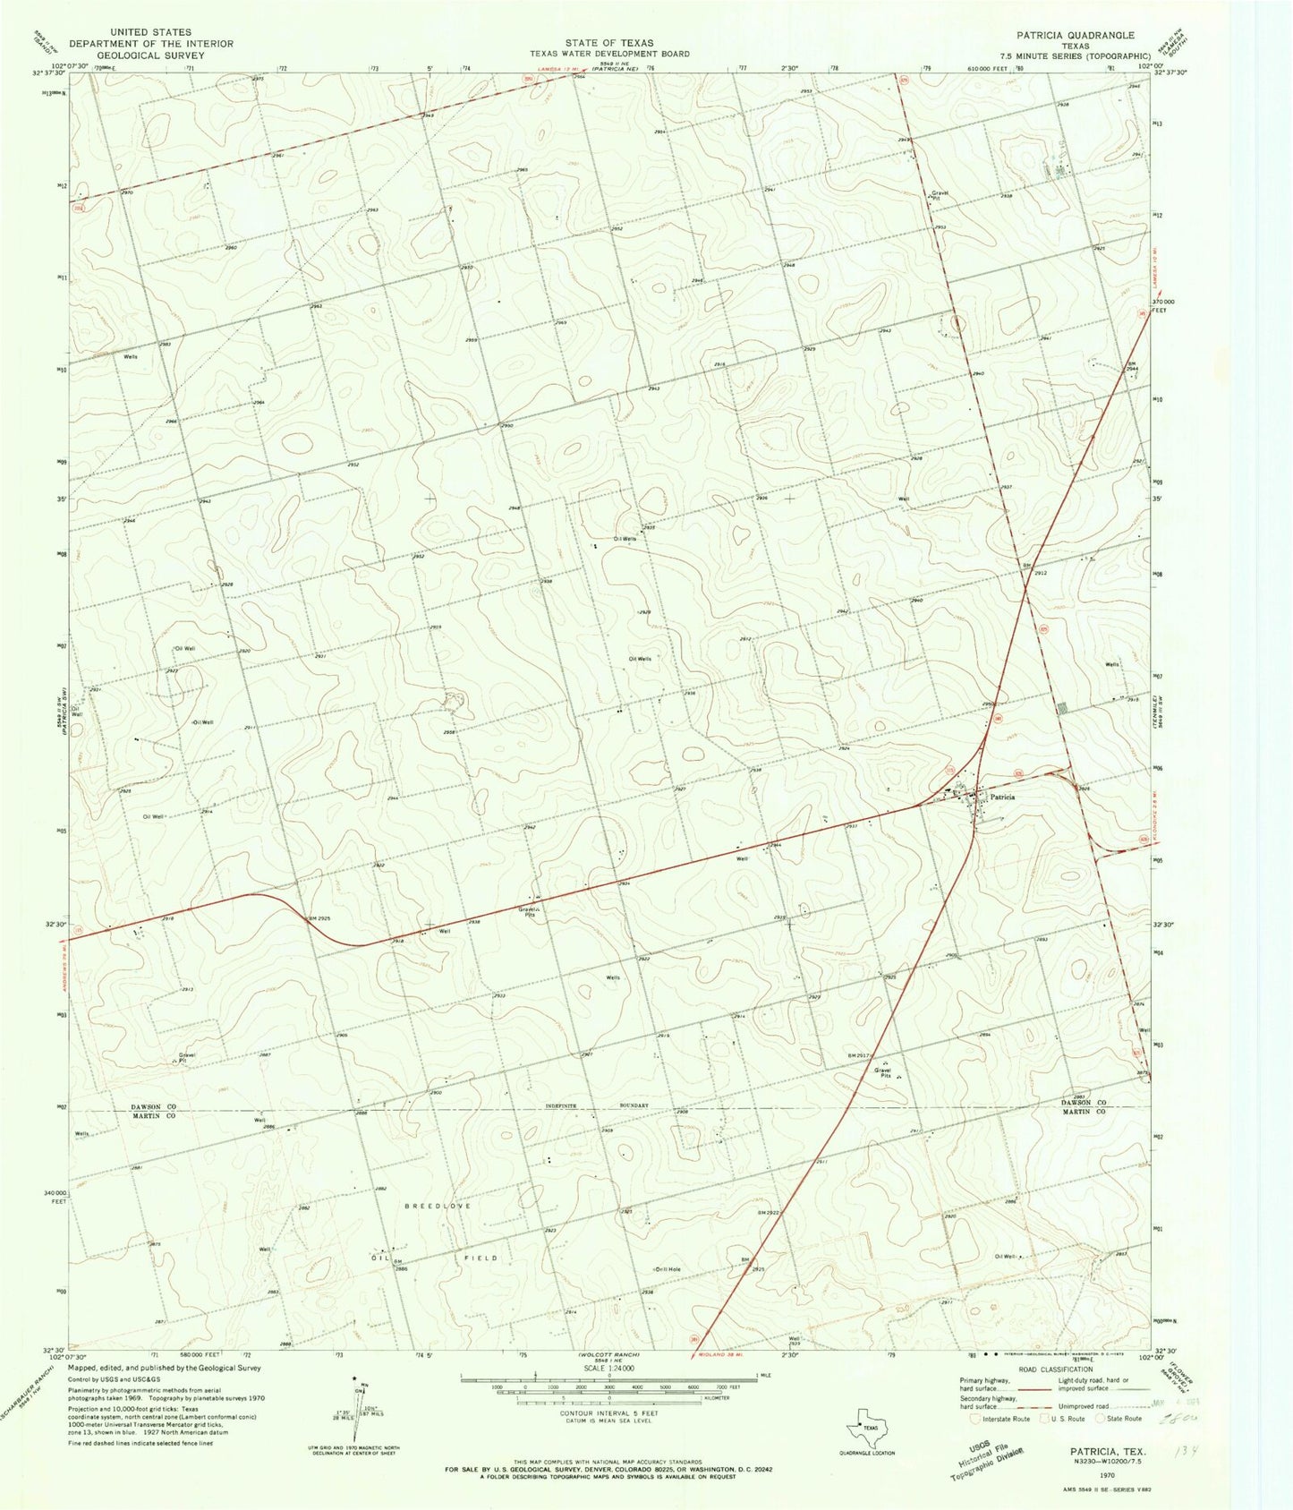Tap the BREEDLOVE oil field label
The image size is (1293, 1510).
tap(437, 1206)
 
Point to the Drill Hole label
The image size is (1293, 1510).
tap(668, 1269)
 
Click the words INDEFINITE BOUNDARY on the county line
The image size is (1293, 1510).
tap(595, 1105)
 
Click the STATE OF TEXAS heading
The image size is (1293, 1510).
tap(608, 42)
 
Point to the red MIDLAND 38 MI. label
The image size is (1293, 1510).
tap(735, 1356)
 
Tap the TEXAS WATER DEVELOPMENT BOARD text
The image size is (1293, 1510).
tap(608, 54)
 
